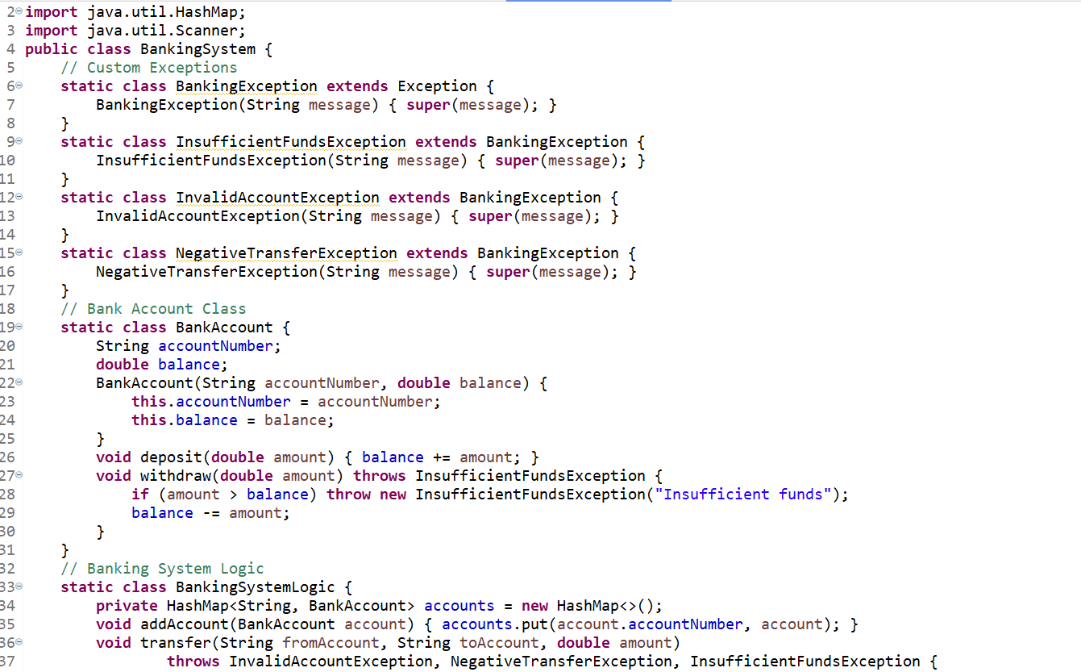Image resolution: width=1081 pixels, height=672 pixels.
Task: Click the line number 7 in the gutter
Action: [x=10, y=105]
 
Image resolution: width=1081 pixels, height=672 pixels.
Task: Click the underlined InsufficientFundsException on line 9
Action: [x=291, y=142]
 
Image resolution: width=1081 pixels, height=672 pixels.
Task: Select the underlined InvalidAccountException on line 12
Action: [x=277, y=198]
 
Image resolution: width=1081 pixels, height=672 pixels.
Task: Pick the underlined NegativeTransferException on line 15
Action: [x=286, y=253]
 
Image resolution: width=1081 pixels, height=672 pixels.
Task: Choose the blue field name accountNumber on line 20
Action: [x=216, y=346]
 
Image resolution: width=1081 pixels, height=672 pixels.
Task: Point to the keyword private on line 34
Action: [x=127, y=606]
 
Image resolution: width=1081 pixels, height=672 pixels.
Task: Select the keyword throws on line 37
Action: [x=193, y=662]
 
